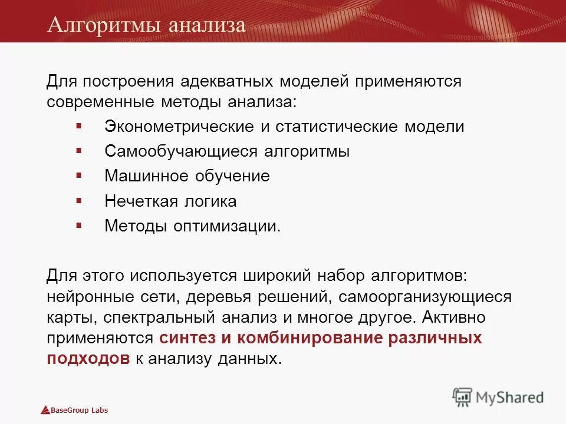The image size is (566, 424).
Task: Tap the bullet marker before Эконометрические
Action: coord(79,126)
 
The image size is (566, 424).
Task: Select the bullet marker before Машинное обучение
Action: coord(79,175)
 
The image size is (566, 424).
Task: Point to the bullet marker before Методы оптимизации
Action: coord(79,225)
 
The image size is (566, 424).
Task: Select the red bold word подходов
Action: coord(88,359)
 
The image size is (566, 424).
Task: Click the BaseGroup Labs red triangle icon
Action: coord(45,410)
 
